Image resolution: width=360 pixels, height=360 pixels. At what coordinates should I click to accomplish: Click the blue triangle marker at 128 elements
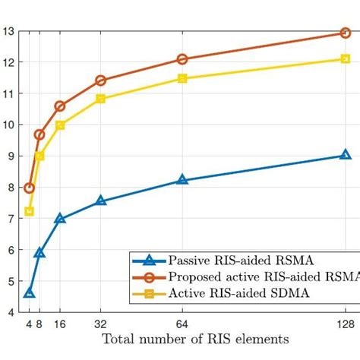tap(345, 155)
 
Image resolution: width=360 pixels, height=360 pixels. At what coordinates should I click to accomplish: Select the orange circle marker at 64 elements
tap(182, 59)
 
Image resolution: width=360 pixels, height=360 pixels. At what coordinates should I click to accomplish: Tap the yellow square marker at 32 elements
tap(101, 99)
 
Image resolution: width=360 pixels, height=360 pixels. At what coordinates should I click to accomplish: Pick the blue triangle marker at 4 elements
tap(30, 293)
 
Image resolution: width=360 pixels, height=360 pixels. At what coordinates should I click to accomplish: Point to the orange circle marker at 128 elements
tap(345, 33)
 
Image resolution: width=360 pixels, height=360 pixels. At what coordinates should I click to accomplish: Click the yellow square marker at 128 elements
tap(345, 58)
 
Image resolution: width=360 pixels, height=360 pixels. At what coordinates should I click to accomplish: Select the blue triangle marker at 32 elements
tap(101, 201)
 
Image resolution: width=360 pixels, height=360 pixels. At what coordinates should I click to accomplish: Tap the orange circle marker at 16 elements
tap(60, 106)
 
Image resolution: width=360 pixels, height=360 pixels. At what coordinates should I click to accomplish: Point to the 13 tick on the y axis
tap(8, 31)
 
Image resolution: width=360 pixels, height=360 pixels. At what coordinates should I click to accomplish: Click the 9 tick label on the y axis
tap(9, 156)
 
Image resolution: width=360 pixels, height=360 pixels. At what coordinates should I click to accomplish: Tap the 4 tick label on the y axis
tap(9, 312)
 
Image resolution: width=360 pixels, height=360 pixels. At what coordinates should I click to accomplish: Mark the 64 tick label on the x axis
tap(182, 323)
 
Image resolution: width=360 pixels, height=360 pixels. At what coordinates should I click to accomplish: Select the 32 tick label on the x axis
tap(101, 323)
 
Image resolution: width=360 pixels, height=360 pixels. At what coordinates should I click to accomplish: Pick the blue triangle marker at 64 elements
tap(182, 180)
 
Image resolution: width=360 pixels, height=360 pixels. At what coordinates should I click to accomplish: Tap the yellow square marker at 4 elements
tap(30, 211)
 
